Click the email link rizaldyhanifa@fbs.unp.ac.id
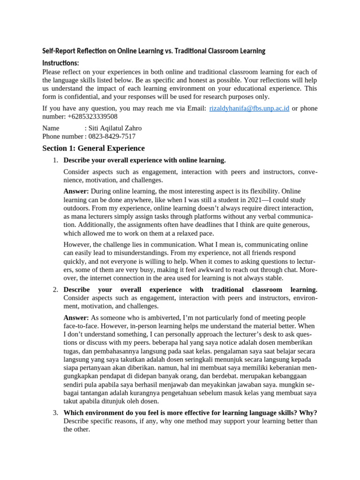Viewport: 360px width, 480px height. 249,108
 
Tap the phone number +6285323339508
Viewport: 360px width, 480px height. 92,116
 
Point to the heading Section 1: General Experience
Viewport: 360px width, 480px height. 93,149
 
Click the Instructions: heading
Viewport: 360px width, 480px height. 60,63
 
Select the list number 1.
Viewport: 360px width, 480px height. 55,160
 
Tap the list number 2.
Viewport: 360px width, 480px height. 55,290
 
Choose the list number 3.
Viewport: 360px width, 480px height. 55,412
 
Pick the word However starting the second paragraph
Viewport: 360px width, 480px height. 78,245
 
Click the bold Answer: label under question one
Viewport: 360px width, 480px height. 76,191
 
